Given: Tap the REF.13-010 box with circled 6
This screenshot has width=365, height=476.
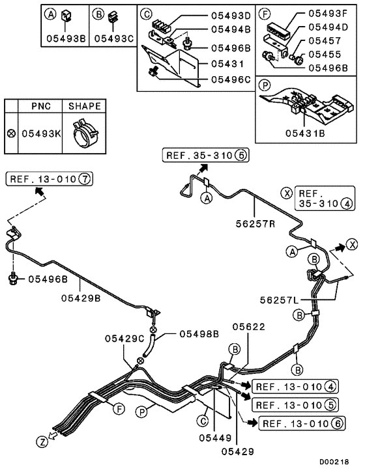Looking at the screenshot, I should click(304, 424).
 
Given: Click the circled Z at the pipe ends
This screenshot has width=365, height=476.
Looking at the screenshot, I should click(42, 441).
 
